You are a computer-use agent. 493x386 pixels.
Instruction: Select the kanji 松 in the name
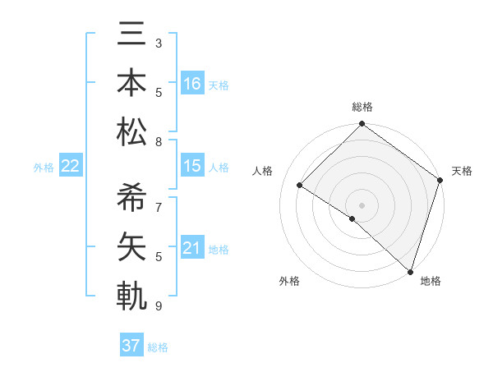[131, 131]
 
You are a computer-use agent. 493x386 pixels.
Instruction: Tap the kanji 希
[131, 198]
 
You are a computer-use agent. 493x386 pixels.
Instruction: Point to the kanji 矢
[131, 246]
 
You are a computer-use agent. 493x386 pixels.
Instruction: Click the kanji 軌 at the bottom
[131, 295]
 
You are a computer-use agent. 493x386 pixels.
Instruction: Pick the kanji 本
[131, 85]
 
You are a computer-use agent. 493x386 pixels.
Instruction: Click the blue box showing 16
[192, 84]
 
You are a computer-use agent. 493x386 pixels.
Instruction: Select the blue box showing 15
[192, 166]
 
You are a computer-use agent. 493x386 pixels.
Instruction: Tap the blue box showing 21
[192, 248]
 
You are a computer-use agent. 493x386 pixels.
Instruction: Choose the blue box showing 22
[71, 166]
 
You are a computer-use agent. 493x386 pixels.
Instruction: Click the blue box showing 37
[131, 346]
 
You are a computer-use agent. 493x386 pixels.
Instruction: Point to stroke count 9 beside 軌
[159, 306]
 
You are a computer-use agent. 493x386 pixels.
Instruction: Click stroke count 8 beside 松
[159, 142]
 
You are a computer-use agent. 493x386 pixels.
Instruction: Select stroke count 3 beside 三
[159, 43]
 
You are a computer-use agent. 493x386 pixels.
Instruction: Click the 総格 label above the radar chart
[362, 107]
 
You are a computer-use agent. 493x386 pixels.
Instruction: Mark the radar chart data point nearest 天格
[440, 180]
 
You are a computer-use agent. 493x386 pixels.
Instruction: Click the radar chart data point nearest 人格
[300, 186]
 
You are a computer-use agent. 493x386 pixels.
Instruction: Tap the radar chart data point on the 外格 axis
[352, 218]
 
